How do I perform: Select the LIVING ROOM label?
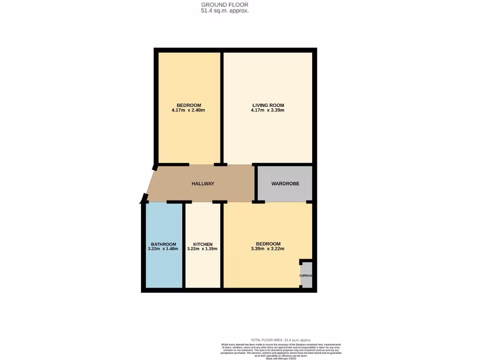[x=268, y=105]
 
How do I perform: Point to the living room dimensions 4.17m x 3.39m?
[x=268, y=111]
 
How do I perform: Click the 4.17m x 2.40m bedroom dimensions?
[x=189, y=111]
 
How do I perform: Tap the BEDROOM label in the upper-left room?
[x=189, y=105]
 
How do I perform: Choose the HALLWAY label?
[x=203, y=184]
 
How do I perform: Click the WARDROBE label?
[x=285, y=184]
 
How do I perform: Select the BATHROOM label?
[x=164, y=244]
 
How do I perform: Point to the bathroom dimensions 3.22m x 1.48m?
[x=164, y=249]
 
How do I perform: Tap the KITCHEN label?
[x=203, y=244]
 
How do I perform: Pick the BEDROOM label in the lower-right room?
[x=268, y=244]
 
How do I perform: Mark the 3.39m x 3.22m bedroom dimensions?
[x=268, y=249]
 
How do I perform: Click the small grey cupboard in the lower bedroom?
[x=307, y=276]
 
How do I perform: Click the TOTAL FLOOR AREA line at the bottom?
[x=281, y=340]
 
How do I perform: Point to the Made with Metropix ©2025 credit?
[x=281, y=358]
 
